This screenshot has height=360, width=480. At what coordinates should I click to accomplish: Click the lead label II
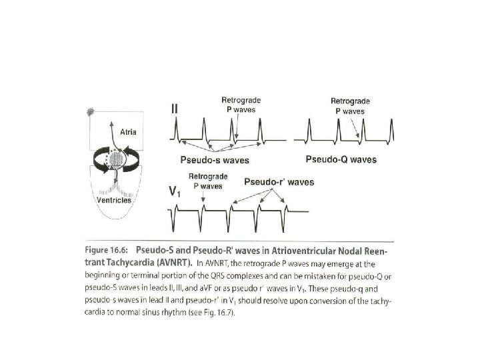click(x=175, y=108)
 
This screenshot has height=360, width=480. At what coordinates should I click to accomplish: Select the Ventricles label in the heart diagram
click(x=111, y=200)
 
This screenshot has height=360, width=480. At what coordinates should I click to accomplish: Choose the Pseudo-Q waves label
click(x=341, y=159)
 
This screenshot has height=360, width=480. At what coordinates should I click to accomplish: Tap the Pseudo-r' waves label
click(x=279, y=181)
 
